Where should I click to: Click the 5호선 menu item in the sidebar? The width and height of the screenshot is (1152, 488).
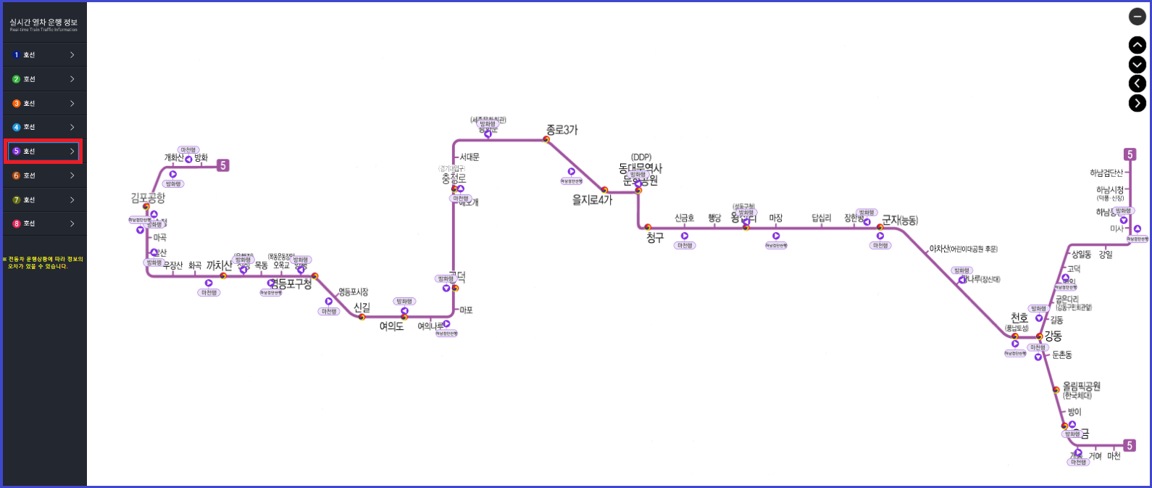click(43, 152)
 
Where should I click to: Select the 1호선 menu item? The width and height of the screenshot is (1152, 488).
click(43, 55)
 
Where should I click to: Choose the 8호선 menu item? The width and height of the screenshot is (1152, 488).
click(43, 223)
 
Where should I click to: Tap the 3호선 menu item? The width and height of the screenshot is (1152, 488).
click(43, 104)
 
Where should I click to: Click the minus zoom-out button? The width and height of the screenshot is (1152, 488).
click(1138, 17)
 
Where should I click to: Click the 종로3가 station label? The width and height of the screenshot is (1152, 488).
click(562, 131)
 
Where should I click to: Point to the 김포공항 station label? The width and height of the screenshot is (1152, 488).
click(148, 198)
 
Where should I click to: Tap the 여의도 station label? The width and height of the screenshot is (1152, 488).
click(391, 327)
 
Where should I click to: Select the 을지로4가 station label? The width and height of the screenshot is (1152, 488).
click(592, 200)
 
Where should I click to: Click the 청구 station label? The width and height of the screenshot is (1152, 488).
click(655, 238)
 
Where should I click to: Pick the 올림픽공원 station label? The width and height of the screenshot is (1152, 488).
click(1081, 386)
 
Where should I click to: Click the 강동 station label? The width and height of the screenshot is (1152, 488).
click(1053, 336)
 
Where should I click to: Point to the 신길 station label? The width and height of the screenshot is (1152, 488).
click(362, 308)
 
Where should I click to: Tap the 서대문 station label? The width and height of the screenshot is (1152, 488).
click(469, 157)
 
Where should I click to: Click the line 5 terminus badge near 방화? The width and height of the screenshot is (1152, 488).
click(223, 165)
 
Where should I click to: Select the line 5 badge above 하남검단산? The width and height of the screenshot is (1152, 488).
click(1130, 154)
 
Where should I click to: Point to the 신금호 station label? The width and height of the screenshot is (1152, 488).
click(685, 218)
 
